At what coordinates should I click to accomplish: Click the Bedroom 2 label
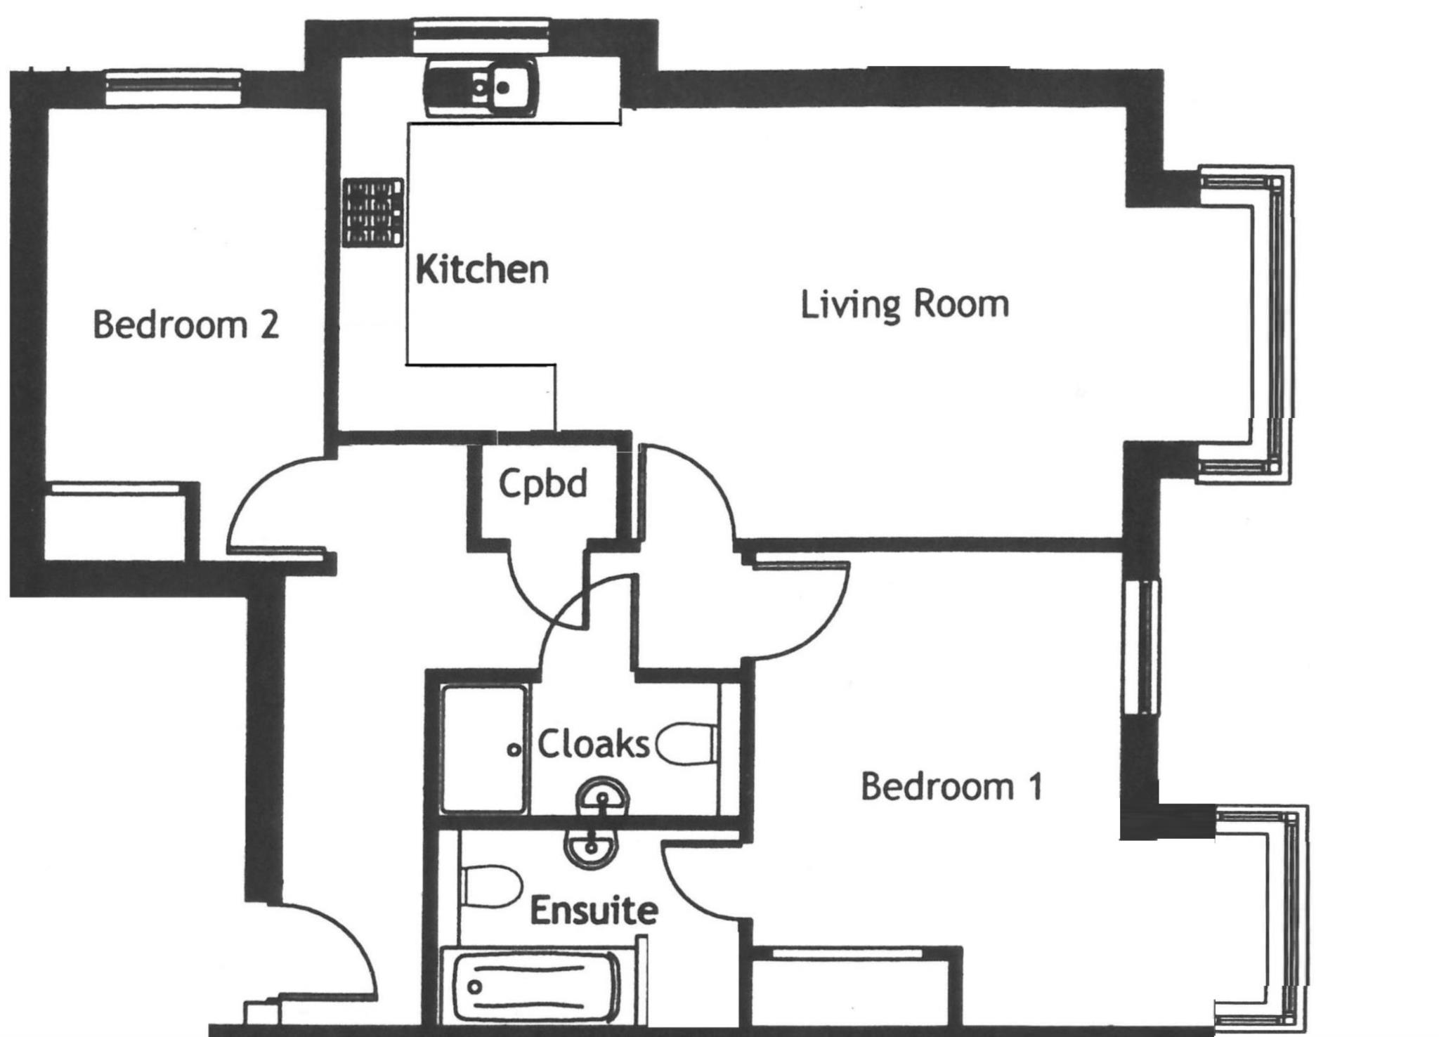click(x=186, y=325)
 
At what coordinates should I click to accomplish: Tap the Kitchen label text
click(x=482, y=270)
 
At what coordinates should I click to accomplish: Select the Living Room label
click(x=905, y=305)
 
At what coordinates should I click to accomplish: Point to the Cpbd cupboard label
click(x=543, y=483)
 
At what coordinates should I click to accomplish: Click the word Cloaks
click(x=594, y=745)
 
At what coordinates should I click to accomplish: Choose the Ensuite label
click(x=594, y=911)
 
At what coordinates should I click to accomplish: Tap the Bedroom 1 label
click(x=951, y=786)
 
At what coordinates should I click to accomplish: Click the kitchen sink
click(x=481, y=88)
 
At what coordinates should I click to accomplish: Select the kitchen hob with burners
click(x=373, y=212)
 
